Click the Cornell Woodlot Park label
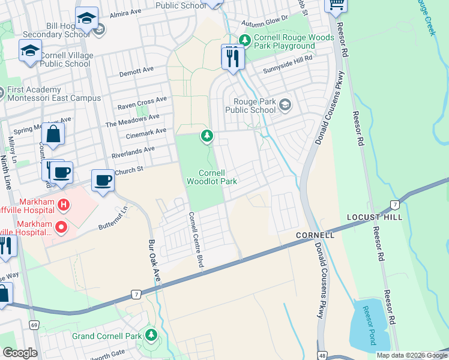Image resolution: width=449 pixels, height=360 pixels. [211, 177]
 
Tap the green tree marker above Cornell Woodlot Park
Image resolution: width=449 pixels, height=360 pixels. [207, 136]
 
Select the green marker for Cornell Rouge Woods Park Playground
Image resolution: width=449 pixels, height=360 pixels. [244, 40]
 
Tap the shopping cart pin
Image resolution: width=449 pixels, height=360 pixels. [336, 5]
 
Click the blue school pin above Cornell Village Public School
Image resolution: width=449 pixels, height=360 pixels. [30, 52]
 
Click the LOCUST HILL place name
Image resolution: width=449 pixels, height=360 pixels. [367, 216]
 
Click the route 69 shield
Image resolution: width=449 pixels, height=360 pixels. [34, 325]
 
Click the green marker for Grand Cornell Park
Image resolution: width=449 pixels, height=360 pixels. [150, 334]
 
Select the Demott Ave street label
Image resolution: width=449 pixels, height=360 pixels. [136, 71]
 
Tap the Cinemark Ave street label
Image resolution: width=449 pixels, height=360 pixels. [145, 131]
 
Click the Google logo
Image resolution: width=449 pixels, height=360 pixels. [20, 353]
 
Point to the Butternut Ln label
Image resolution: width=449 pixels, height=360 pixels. [113, 220]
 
